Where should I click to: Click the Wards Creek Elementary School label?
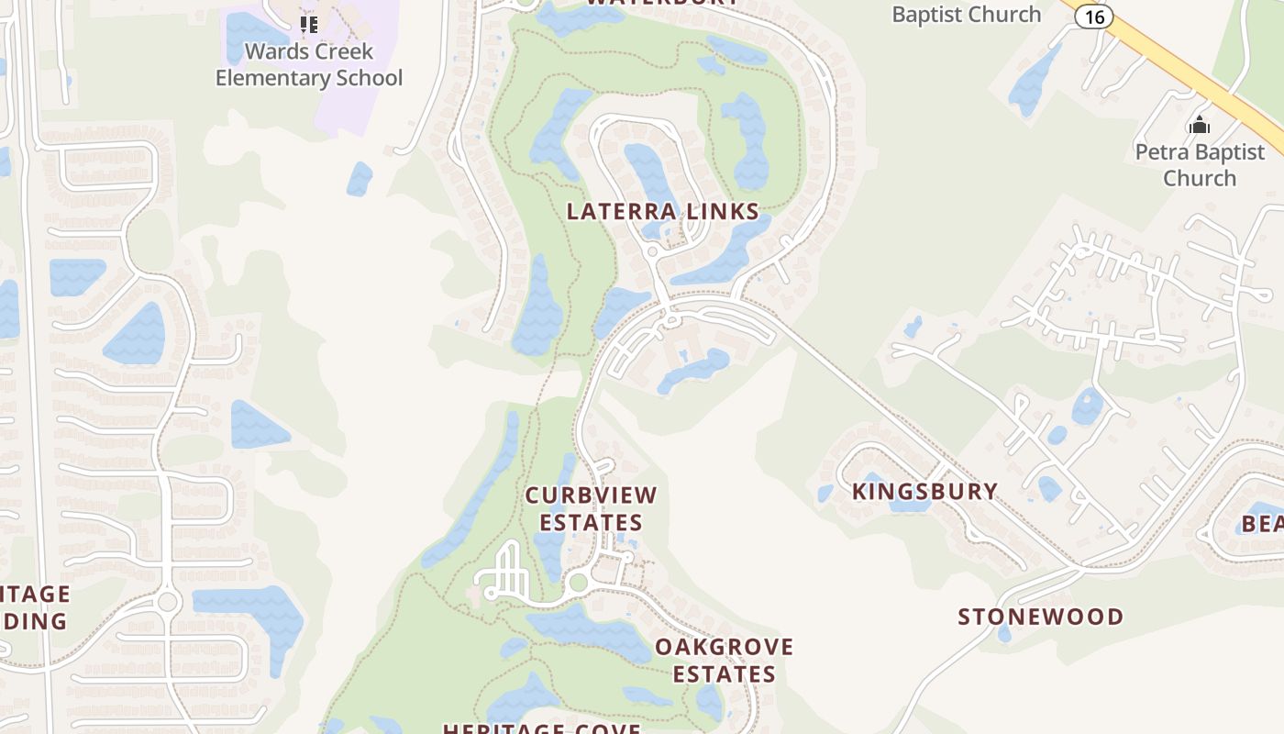tap(309, 64)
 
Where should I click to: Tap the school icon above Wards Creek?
tap(309, 25)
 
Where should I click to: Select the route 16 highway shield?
tap(1093, 16)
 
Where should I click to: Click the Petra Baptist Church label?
tap(1200, 164)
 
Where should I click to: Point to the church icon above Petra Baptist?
tap(1199, 125)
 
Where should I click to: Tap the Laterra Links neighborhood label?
tap(663, 211)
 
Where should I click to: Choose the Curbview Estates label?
tap(592, 508)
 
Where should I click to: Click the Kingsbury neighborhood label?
tap(924, 491)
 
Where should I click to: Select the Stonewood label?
tap(1041, 617)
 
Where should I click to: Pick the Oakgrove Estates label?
tap(725, 660)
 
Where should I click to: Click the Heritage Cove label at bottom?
tap(541, 728)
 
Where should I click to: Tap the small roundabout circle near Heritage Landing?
tap(167, 602)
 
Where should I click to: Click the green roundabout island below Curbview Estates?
tap(578, 582)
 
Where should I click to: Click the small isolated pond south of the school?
tap(360, 178)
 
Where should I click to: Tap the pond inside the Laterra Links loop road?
tap(649, 170)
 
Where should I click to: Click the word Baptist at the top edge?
tap(967, 14)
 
